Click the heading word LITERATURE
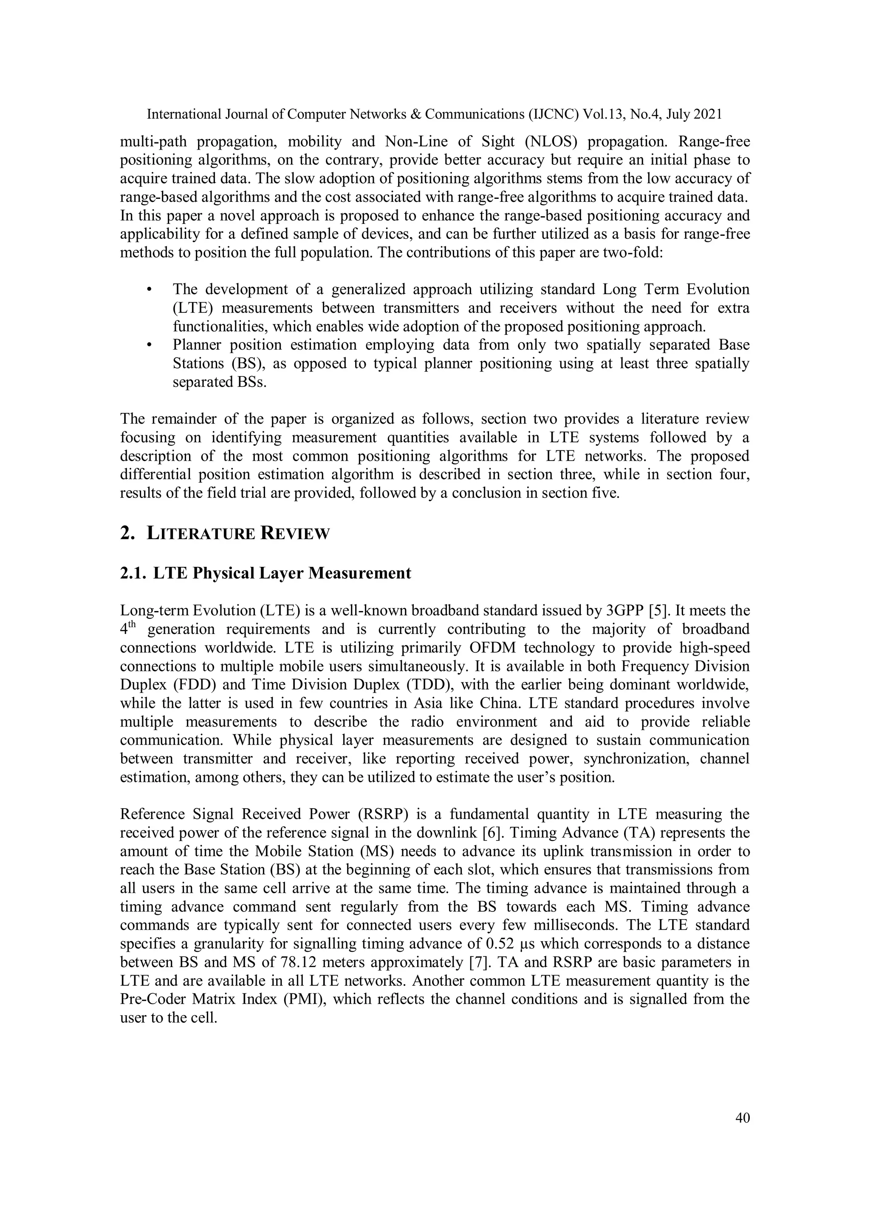pyautogui.click(x=201, y=534)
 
